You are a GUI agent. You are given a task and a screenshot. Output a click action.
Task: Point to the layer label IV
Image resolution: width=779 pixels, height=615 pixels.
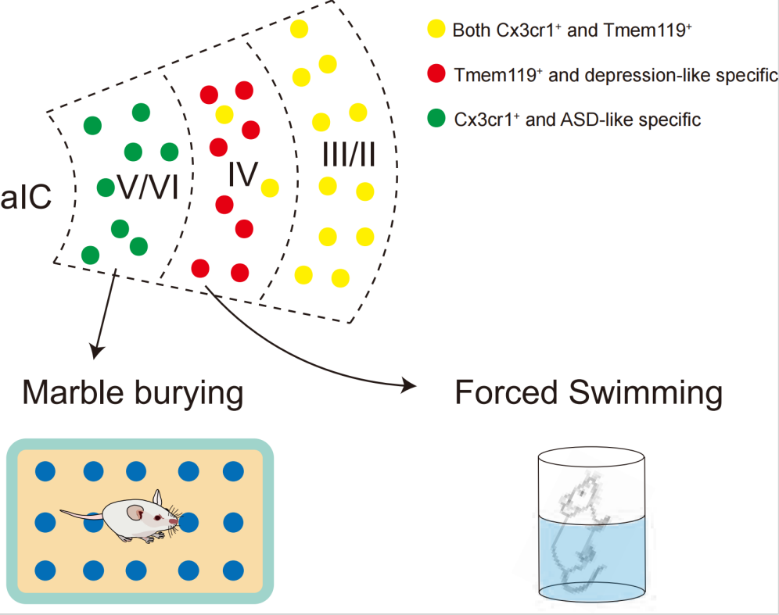pos(242,177)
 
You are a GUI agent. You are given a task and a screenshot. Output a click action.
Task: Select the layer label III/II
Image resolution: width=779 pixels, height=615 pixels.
pos(349,156)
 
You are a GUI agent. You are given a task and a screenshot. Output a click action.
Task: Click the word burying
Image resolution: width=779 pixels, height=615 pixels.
pos(187,395)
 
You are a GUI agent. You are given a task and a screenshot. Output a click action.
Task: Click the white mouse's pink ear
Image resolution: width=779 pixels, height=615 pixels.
pos(135,513)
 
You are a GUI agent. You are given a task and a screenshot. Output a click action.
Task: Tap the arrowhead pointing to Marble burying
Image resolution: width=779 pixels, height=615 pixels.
pos(96,352)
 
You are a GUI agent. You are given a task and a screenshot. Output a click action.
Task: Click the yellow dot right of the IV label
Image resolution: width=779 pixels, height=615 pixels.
pos(270,188)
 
